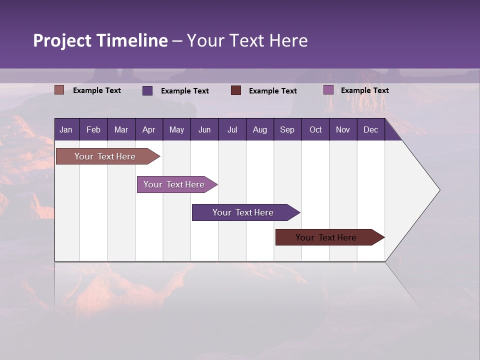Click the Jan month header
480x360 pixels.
[66, 129]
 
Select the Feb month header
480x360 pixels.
[93, 129]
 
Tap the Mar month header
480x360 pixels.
[121, 129]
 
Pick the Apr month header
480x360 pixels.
[149, 129]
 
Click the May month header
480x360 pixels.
[176, 129]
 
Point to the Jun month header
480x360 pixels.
[204, 129]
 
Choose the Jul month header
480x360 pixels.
[232, 129]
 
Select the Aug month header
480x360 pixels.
[260, 129]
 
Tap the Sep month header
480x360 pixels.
[287, 129]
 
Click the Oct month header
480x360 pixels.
[315, 129]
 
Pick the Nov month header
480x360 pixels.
[343, 129]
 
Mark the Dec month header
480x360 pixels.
[371, 129]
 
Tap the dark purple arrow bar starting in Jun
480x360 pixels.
[243, 212]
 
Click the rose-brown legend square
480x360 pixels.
[59, 90]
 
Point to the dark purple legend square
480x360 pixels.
[147, 90]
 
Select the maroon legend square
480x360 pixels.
[236, 90]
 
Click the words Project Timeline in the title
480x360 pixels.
[100, 40]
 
